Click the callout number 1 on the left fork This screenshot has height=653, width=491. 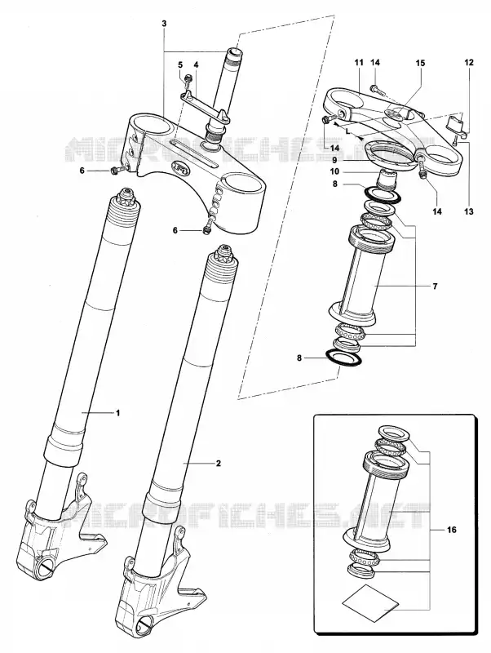(x=117, y=413)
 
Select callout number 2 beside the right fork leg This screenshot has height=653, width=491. (x=218, y=463)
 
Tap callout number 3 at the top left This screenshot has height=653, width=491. (x=164, y=24)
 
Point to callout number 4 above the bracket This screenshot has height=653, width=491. (x=196, y=64)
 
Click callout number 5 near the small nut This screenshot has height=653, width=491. (x=180, y=64)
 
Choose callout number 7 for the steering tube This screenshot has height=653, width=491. (x=435, y=287)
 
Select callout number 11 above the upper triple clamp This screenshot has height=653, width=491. (x=359, y=63)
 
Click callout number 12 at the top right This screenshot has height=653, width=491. (x=469, y=63)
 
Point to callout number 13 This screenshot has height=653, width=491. (x=469, y=211)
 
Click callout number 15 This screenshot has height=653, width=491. (x=420, y=63)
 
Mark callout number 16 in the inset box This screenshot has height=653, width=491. (x=452, y=530)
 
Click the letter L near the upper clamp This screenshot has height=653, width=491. (x=347, y=131)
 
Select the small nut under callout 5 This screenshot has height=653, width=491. (x=188, y=78)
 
